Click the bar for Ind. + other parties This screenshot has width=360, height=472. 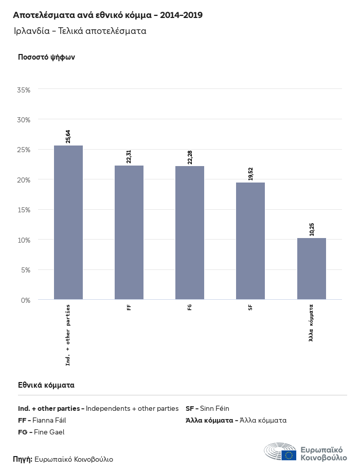[68, 222]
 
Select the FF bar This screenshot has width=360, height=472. [129, 232]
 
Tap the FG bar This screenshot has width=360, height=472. [190, 232]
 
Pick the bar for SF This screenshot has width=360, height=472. [250, 241]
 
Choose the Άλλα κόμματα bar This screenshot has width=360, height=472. [311, 268]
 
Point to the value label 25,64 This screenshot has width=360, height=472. [68, 136]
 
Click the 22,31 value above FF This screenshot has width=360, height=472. [129, 156]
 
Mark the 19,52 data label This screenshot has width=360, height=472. [250, 173]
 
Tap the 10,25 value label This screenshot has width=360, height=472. [311, 229]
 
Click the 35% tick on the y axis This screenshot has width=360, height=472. [24, 89]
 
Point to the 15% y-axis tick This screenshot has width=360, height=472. [24, 210]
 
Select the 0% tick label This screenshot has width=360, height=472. [25, 300]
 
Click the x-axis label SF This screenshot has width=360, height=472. [250, 307]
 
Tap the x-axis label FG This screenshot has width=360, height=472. [190, 307]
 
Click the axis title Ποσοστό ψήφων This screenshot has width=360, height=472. [46, 57]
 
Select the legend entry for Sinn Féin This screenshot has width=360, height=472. [207, 408]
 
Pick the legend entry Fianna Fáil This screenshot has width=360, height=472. [42, 420]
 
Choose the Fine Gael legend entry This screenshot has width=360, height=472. [41, 432]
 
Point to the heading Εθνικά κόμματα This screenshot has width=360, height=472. [46, 385]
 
